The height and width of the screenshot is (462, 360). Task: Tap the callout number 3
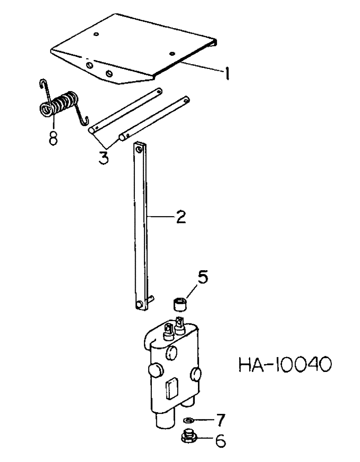point(103,157)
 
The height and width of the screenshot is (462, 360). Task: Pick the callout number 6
point(220,442)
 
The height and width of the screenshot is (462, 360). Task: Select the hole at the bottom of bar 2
point(140,304)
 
